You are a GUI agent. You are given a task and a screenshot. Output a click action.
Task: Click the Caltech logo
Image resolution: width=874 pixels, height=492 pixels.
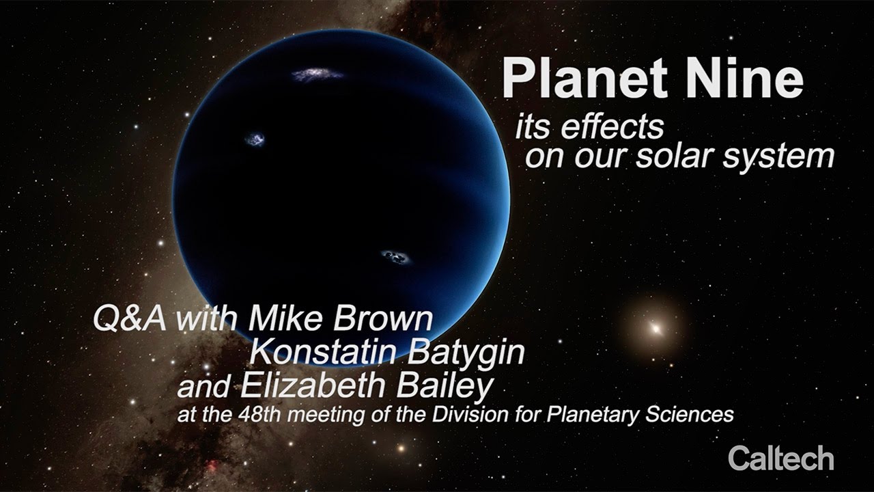(780, 458)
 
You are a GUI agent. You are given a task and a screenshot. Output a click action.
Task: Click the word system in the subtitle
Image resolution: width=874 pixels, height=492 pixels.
(778, 158)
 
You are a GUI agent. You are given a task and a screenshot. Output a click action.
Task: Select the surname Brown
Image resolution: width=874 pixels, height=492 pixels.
(382, 318)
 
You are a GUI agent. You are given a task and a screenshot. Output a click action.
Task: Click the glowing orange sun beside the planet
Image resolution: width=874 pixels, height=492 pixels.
(655, 329)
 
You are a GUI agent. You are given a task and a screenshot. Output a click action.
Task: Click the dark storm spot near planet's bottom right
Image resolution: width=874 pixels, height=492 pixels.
(396, 257)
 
